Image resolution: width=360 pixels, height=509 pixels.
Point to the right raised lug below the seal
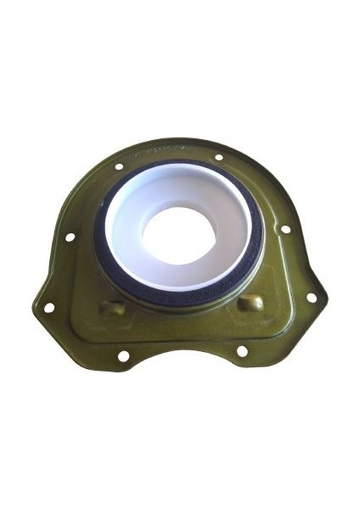(x=250, y=303)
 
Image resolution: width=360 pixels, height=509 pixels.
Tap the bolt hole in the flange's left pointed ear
(x=48, y=308)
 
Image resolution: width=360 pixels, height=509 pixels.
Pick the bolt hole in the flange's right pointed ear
(x=311, y=298)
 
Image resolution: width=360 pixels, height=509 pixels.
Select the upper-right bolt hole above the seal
(x=219, y=157)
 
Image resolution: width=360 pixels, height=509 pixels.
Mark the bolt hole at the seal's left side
(x=70, y=238)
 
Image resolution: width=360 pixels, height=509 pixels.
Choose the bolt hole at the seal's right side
(x=285, y=229)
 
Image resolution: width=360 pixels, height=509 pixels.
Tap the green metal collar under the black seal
(x=183, y=299)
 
